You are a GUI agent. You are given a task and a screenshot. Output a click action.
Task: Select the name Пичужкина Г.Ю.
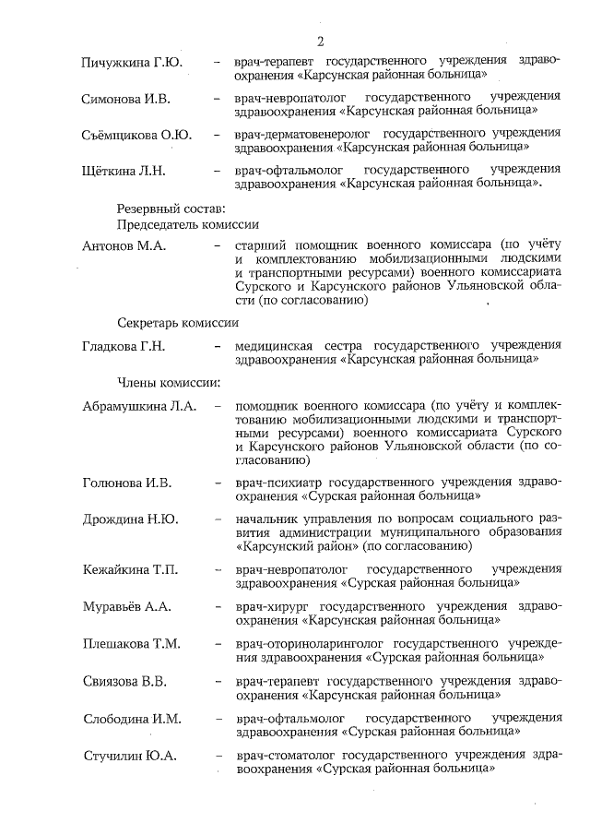click(130, 62)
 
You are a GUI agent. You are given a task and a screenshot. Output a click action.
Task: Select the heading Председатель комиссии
click(187, 225)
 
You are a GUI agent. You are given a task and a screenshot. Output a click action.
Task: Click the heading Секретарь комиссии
click(178, 324)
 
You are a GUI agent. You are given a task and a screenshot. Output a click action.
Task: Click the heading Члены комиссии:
click(167, 382)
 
